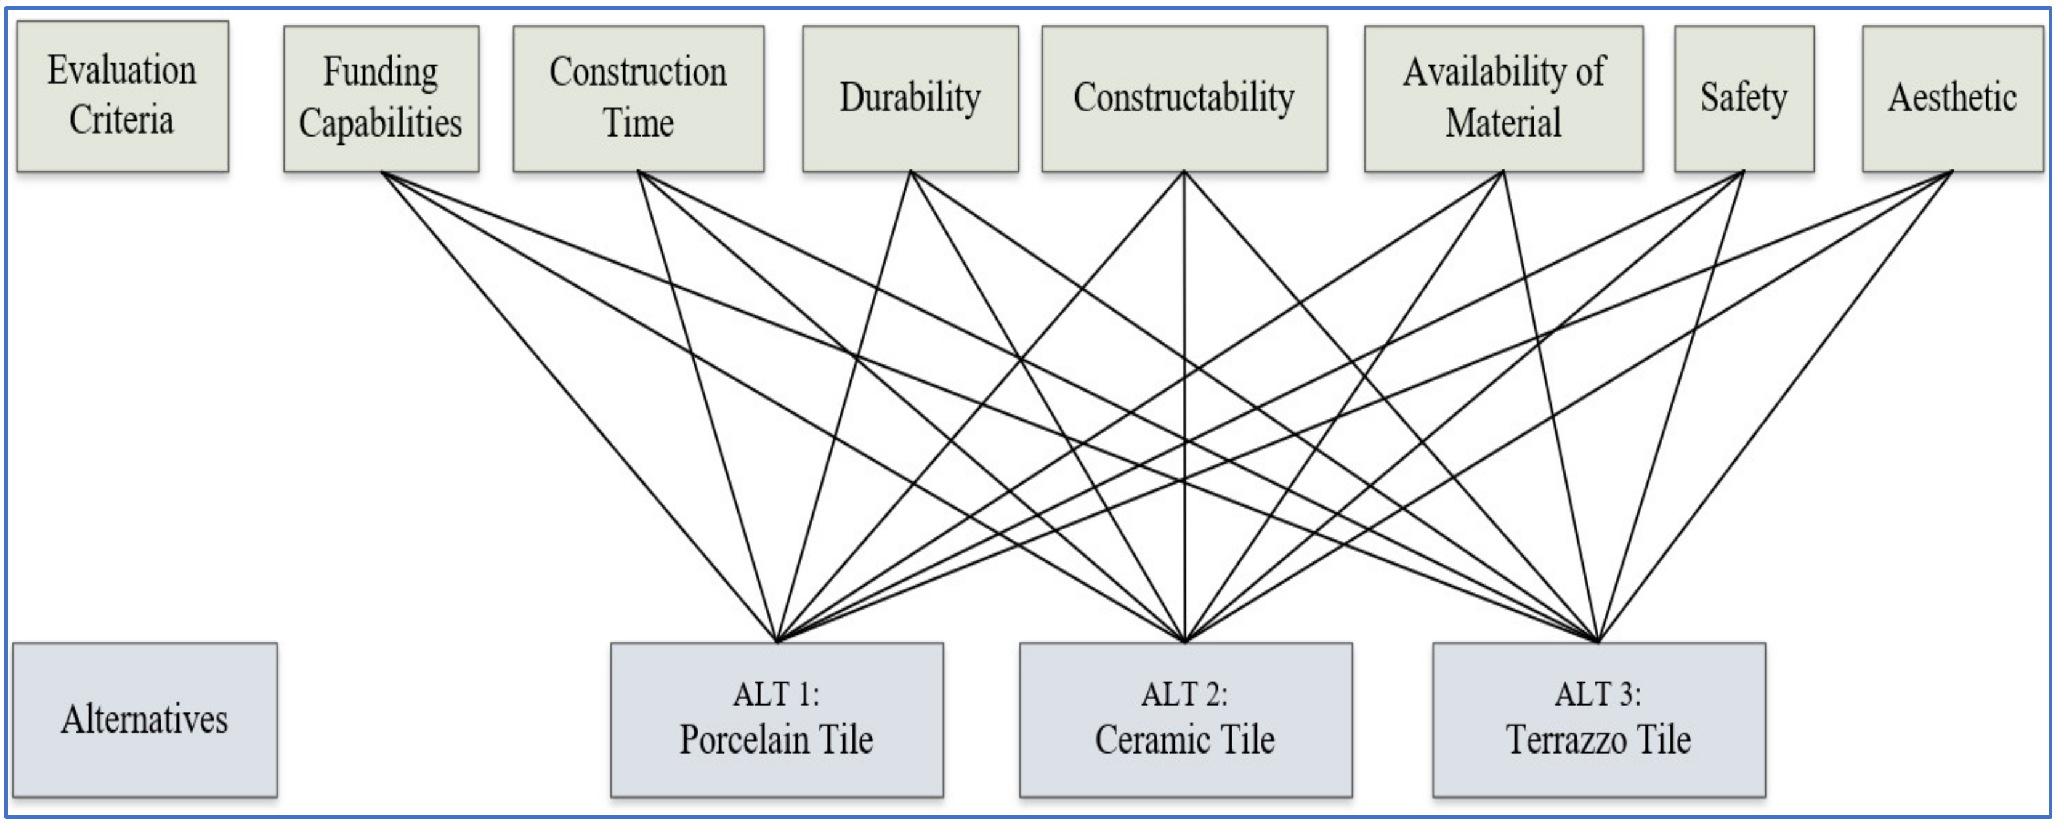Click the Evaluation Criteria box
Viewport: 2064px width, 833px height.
[x=123, y=96]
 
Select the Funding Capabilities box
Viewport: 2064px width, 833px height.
[x=381, y=98]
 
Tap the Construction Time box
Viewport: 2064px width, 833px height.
[x=639, y=98]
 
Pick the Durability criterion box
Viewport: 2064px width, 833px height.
[x=910, y=98]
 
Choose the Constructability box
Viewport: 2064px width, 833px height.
[x=1184, y=98]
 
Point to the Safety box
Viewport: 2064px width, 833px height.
[x=1744, y=98]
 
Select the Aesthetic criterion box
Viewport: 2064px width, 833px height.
[x=1953, y=98]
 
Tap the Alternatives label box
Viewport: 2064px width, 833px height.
[x=145, y=719]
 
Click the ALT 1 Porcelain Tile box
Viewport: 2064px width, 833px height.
[x=777, y=719]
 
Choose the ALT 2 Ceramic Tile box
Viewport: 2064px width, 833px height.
[x=1185, y=719]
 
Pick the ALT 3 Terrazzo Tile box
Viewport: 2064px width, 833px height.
[x=1598, y=719]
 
